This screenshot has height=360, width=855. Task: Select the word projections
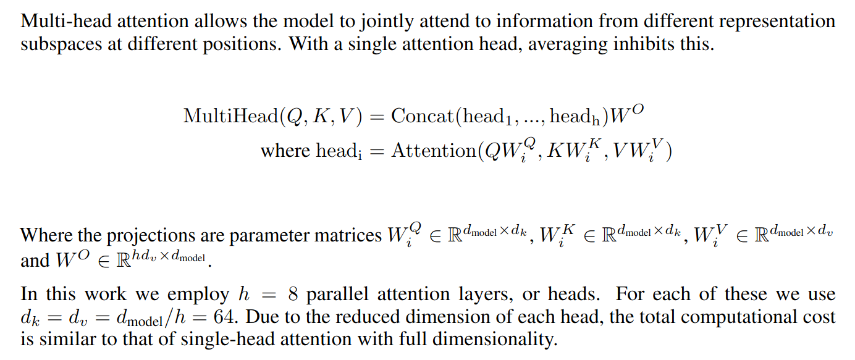click(147, 235)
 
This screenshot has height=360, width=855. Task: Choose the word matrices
click(340, 235)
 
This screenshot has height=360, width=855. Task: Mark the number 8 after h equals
click(293, 295)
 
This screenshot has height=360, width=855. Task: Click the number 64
click(227, 318)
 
